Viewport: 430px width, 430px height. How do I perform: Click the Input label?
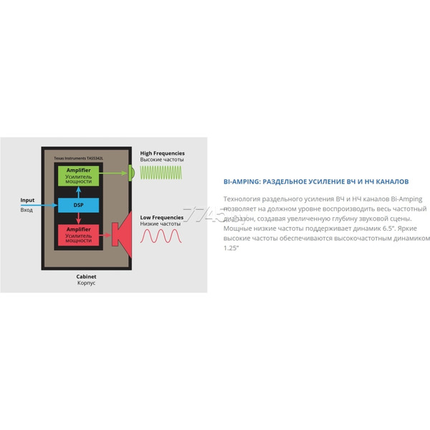pyautogui.click(x=27, y=200)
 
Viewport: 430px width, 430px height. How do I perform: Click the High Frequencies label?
pyautogui.click(x=162, y=153)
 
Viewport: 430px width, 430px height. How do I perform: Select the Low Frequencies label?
pyautogui.click(x=161, y=216)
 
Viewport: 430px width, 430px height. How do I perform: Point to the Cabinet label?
pyautogui.click(x=86, y=276)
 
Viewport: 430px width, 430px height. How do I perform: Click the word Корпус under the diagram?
pyautogui.click(x=86, y=284)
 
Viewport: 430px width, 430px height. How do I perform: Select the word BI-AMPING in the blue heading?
pyautogui.click(x=243, y=181)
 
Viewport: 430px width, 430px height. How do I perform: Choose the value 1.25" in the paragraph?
pyautogui.click(x=231, y=247)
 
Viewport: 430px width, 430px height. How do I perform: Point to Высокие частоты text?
pyautogui.click(x=161, y=160)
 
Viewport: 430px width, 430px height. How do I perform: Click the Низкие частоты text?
pyautogui.click(x=160, y=224)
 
